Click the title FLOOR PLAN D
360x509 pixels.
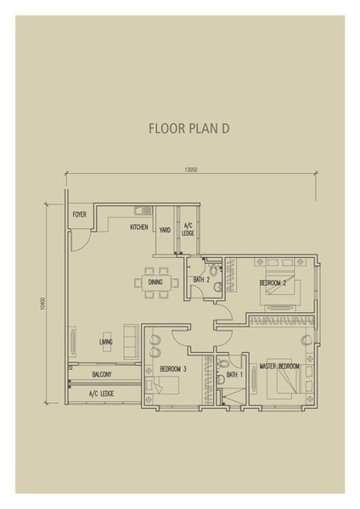pyautogui.click(x=189, y=129)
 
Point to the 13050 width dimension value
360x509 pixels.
pyautogui.click(x=191, y=170)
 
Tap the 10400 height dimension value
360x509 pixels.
pyautogui.click(x=42, y=305)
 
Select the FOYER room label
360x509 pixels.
pyautogui.click(x=80, y=215)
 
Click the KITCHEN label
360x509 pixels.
pyautogui.click(x=139, y=227)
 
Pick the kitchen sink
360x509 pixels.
pyautogui.click(x=143, y=210)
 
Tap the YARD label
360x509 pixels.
pyautogui.click(x=165, y=230)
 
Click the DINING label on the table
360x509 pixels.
pyautogui.click(x=155, y=282)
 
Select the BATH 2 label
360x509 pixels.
pyautogui.click(x=201, y=279)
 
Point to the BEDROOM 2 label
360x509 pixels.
pyautogui.click(x=273, y=283)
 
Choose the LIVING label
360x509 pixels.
pyautogui.click(x=106, y=342)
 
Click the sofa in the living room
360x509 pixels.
pyautogui.click(x=130, y=341)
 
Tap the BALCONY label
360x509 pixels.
pyautogui.click(x=102, y=375)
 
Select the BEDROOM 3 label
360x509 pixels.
pyautogui.click(x=173, y=369)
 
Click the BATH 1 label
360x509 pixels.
pyautogui.click(x=234, y=375)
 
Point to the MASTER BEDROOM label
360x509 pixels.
pyautogui.click(x=279, y=366)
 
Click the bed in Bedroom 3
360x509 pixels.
pyautogui.click(x=162, y=385)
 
